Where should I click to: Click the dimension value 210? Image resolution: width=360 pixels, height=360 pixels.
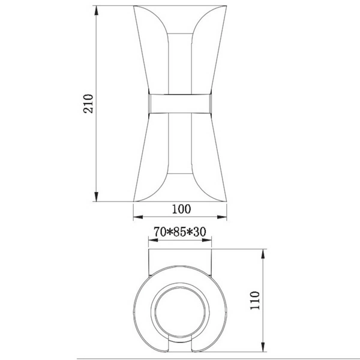coord(88,104)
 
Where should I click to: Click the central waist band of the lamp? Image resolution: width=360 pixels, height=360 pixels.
coord(181,103)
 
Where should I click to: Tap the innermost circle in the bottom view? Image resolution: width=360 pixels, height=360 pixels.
coord(181,313)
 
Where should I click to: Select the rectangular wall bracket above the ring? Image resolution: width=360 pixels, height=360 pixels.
coord(181,261)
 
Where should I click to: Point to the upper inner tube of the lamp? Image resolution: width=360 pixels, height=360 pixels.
coord(181,60)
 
